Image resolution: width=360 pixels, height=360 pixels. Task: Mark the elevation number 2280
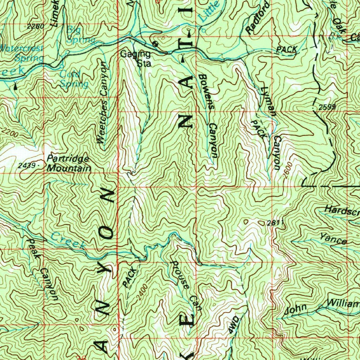pos(35,26)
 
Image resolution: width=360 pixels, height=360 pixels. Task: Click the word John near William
pos(295,310)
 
